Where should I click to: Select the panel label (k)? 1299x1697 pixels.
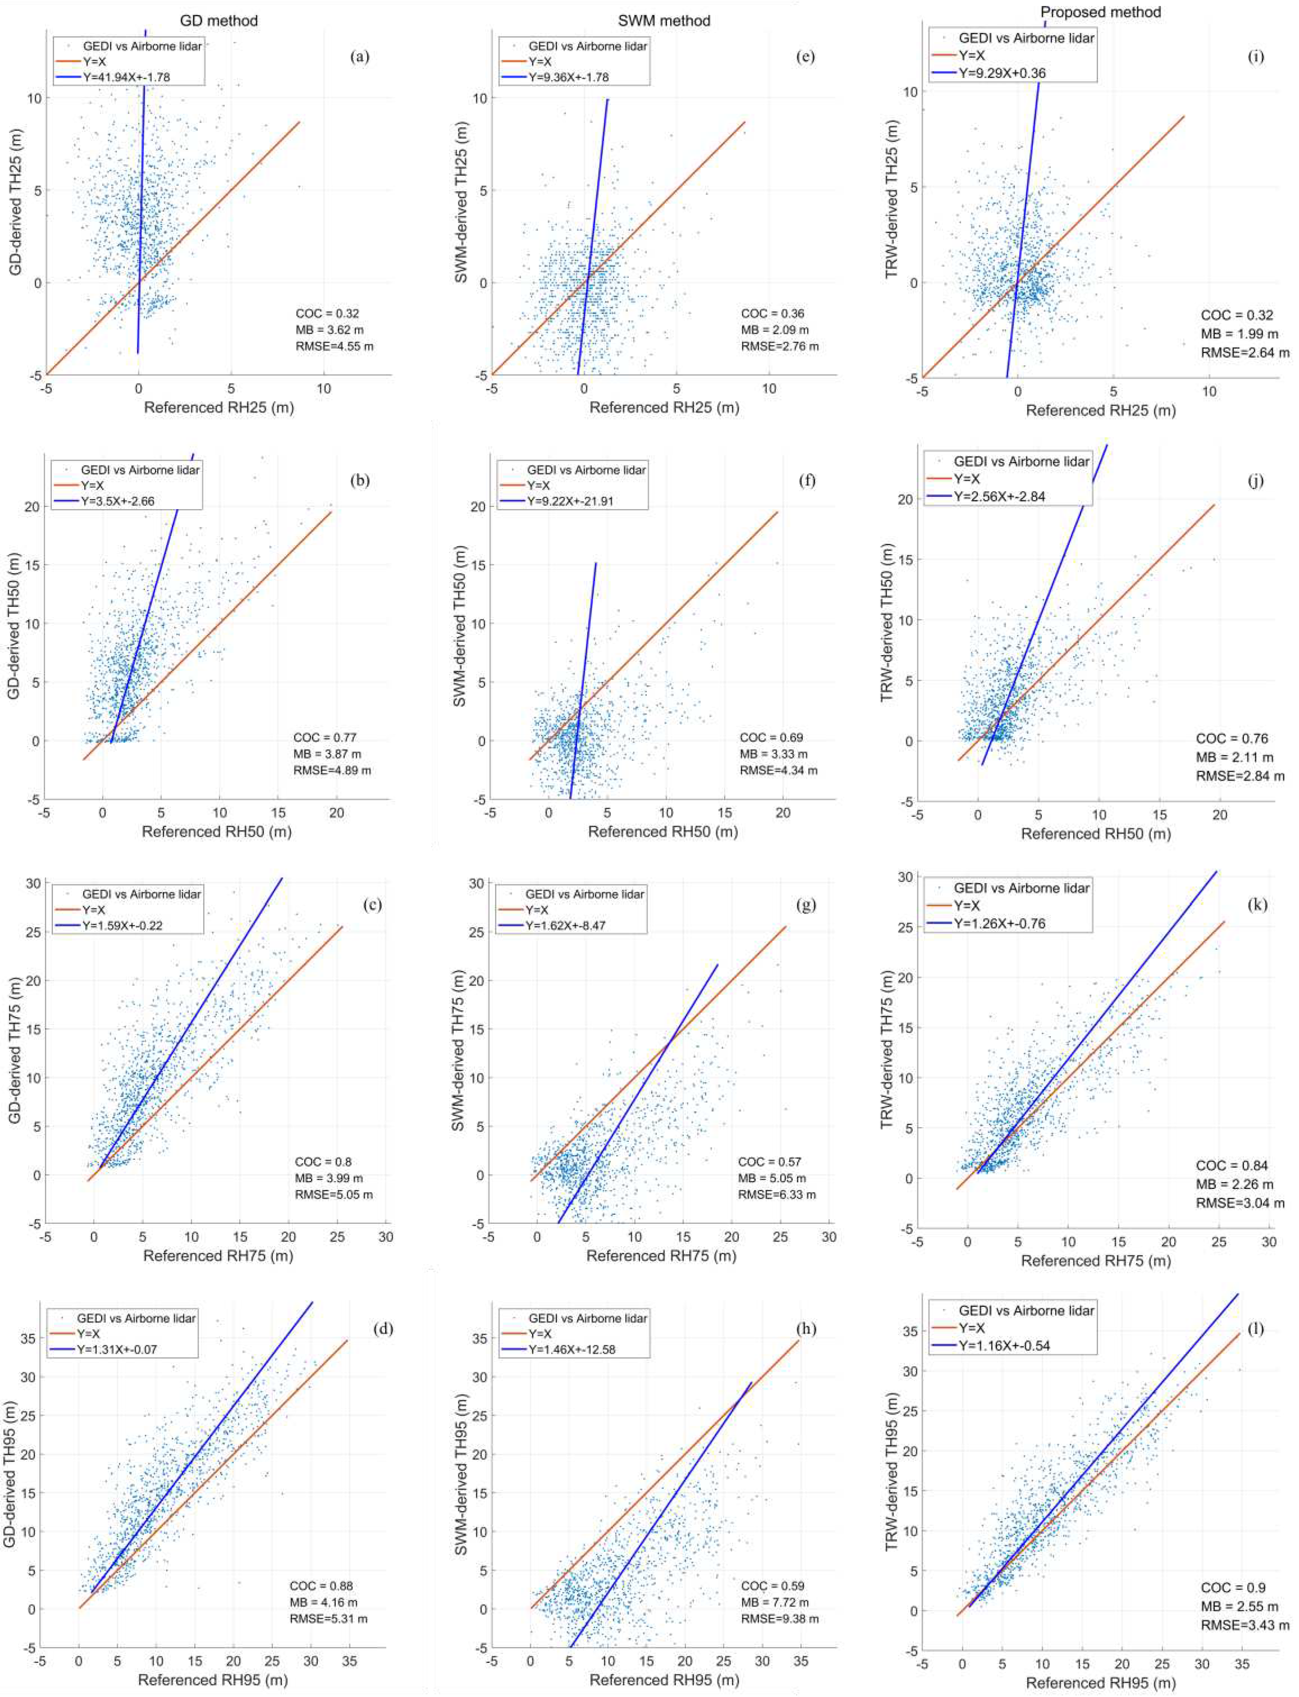[x=1256, y=904]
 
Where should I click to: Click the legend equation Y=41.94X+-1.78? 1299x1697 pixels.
[x=127, y=77]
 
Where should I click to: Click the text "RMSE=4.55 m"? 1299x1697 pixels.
[x=334, y=346]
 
